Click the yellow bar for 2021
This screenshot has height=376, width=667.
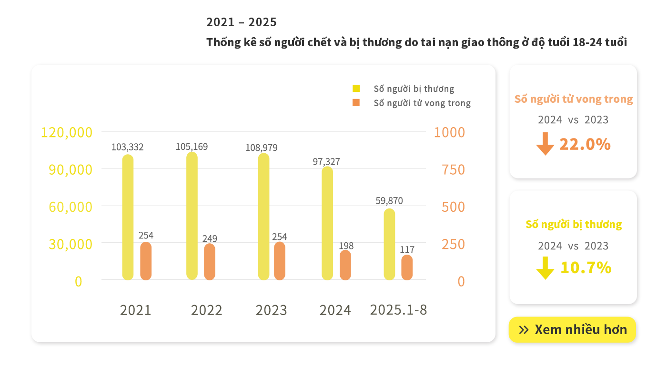coord(128,217)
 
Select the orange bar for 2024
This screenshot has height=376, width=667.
coord(345,265)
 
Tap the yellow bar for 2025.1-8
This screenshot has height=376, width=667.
coord(389,244)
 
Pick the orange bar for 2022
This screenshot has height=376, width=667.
coord(210,262)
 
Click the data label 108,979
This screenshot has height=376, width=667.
coord(262,148)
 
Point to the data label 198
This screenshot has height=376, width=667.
coord(346,246)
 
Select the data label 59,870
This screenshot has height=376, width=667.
coord(389,201)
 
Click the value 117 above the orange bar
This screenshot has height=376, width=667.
coord(407,249)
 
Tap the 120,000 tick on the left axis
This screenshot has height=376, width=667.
coord(67,132)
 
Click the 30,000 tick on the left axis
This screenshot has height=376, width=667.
coord(71,244)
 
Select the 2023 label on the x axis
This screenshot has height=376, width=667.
coord(271,310)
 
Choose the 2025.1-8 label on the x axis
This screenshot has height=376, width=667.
coord(398,310)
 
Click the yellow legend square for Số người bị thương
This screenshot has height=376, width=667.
coord(356,88)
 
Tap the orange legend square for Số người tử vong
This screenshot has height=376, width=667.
coord(356,102)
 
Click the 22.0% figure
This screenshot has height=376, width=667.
coord(585,144)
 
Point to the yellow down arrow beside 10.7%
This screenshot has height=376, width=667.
coord(545,268)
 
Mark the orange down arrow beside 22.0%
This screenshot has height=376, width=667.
coord(545,144)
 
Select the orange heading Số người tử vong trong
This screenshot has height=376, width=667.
coord(574,99)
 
